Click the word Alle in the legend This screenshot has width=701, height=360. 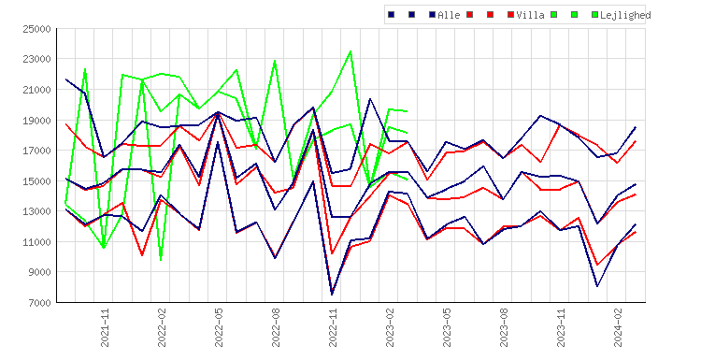(449, 15)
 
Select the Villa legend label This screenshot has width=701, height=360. (530, 15)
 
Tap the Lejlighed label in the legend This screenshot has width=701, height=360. (625, 15)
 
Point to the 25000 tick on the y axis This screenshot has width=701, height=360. (36, 29)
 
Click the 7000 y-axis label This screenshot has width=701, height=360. (39, 303)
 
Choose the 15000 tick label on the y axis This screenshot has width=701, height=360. (36, 181)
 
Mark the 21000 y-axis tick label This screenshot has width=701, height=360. (36, 90)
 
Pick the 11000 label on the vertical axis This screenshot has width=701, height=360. (36, 242)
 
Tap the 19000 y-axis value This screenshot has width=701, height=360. (36, 121)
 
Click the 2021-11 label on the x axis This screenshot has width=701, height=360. (105, 328)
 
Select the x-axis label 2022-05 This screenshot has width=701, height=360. (219, 328)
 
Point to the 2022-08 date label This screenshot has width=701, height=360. (276, 328)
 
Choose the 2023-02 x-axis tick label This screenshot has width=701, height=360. (390, 328)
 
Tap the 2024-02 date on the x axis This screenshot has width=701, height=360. (618, 328)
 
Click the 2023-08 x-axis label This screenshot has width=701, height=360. (504, 328)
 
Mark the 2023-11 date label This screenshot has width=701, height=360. (561, 328)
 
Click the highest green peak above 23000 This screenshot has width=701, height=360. (350, 51)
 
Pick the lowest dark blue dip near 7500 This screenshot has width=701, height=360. (332, 295)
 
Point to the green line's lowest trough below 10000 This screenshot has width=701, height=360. (161, 260)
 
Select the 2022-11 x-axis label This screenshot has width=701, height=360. (333, 328)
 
